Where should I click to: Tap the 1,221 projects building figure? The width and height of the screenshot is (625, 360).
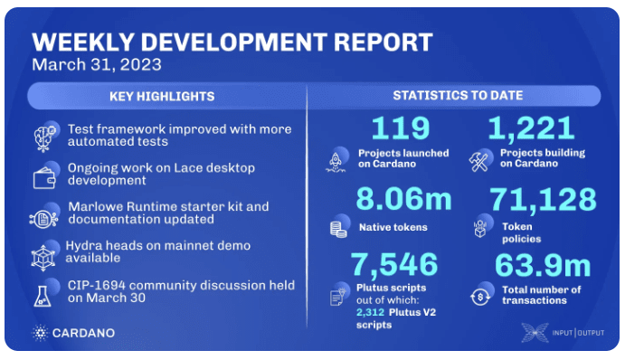pyautogui.click(x=531, y=128)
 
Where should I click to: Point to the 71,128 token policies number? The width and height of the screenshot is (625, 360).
pyautogui.click(x=543, y=199)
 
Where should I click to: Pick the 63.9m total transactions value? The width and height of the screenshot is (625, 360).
pyautogui.click(x=542, y=266)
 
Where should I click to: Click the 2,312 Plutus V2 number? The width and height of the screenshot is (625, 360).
pyautogui.click(x=370, y=312)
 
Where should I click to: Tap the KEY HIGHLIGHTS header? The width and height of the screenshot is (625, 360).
pyautogui.click(x=162, y=96)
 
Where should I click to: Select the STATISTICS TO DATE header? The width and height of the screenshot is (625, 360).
pyautogui.click(x=457, y=96)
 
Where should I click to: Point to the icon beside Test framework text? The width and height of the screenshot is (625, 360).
pyautogui.click(x=44, y=136)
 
